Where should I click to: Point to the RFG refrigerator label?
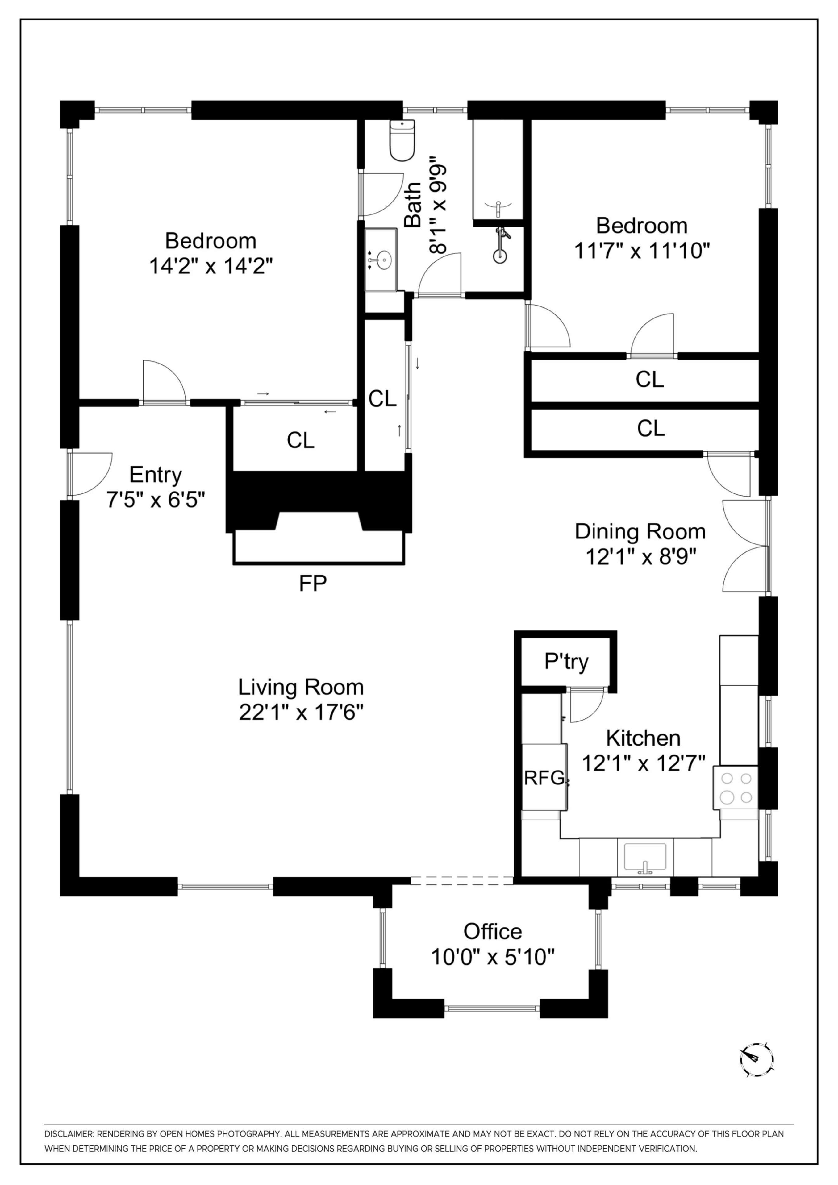544,777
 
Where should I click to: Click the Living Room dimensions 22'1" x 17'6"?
301,713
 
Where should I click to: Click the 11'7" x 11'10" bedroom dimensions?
642,251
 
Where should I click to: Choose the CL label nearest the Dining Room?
651,428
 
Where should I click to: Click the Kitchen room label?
643,738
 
